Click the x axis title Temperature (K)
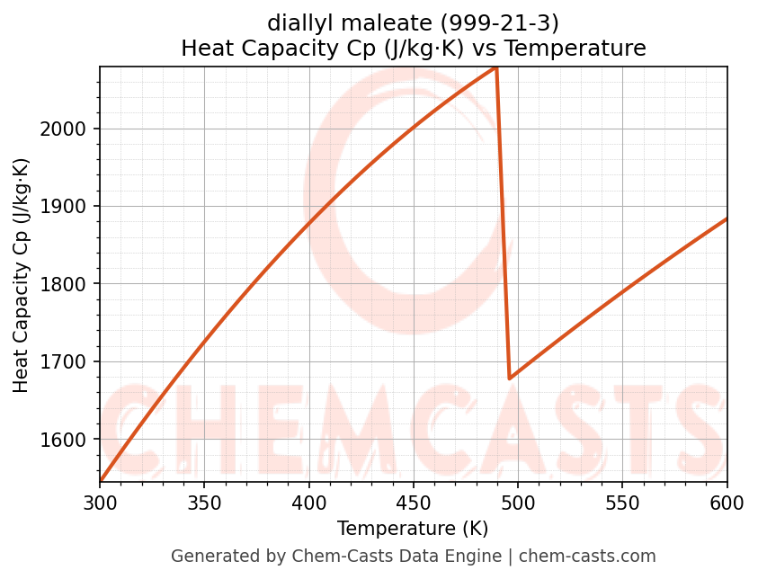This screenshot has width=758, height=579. point(413,529)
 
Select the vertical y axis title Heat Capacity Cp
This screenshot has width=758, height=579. point(22,275)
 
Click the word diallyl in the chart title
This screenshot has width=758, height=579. point(299,22)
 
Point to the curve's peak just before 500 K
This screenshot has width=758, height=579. point(495,67)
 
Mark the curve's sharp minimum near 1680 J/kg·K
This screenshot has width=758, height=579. point(510,379)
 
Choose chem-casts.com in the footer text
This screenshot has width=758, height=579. point(587,557)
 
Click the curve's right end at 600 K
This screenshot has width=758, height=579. point(727,218)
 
